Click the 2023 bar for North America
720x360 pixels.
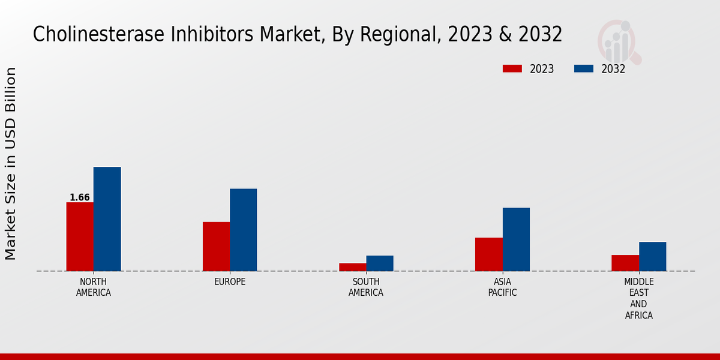coord(80,236)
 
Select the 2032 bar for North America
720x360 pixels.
coord(107,219)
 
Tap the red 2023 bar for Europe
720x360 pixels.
coord(216,247)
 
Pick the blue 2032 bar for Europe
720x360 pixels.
coord(243,230)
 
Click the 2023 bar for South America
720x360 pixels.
coord(352,267)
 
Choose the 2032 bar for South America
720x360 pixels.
coord(380,263)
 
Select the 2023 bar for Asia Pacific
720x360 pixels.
coord(488,254)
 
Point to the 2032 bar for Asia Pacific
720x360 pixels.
coord(516,239)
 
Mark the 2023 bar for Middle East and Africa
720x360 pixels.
coord(625,263)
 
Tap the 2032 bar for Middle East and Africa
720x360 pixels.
coord(652,256)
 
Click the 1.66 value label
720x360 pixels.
coord(80,197)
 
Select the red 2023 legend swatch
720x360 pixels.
coord(512,68)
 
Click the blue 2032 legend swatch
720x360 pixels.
coord(583,68)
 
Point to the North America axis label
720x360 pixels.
coord(94,287)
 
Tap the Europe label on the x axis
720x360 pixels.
coord(230,282)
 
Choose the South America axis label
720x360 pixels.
coord(366,287)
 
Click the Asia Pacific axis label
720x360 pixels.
coord(502,287)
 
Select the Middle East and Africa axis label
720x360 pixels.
coord(639,298)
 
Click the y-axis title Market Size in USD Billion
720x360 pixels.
coord(11,163)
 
